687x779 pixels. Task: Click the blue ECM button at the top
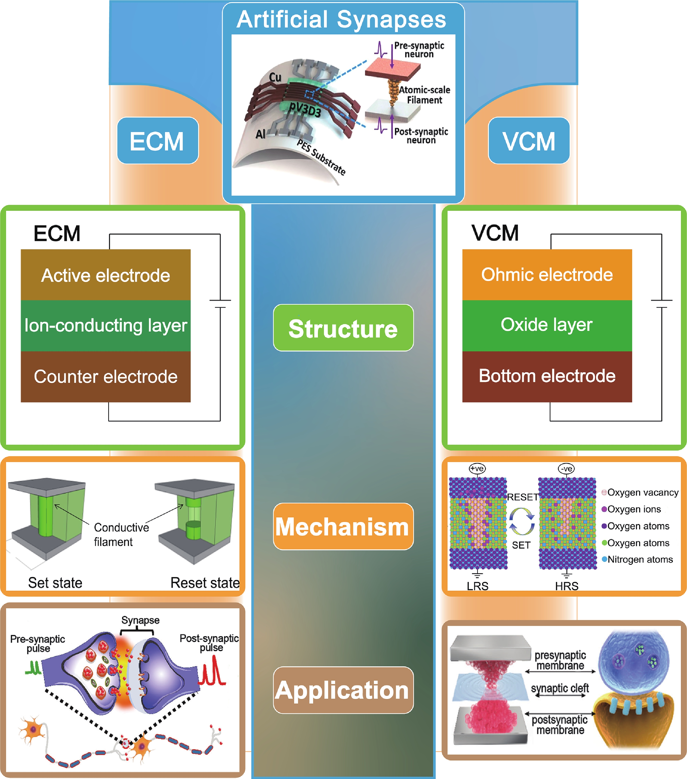click(158, 141)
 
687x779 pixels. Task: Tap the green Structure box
click(343, 328)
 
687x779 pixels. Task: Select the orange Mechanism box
click(343, 526)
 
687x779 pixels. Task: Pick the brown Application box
click(343, 690)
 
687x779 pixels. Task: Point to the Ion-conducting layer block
click(105, 325)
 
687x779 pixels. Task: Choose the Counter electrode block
click(105, 377)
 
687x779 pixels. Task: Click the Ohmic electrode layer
click(547, 275)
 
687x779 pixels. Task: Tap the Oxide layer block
click(547, 325)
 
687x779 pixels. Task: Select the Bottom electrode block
click(547, 377)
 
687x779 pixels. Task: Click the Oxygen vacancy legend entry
click(640, 492)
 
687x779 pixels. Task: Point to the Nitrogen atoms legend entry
click(637, 559)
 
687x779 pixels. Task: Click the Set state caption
click(55, 583)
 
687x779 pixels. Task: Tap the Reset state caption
click(205, 583)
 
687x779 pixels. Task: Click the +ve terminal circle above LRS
click(477, 468)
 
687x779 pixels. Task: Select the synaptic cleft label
click(560, 688)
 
